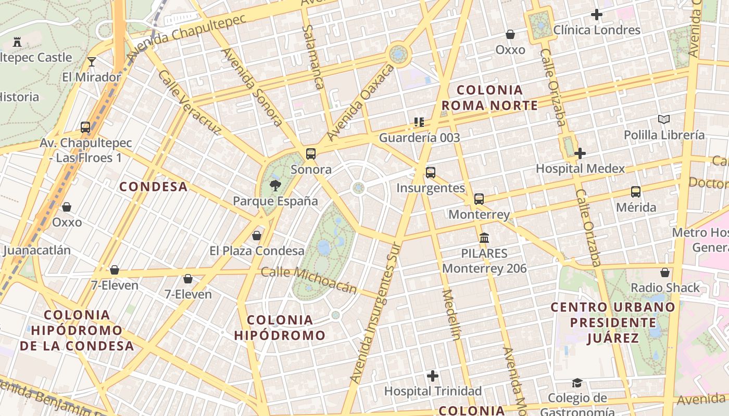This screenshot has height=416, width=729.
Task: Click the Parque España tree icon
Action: [x=275, y=185]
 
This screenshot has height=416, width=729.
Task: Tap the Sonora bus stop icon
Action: [x=311, y=153]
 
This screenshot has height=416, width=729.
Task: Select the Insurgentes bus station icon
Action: [x=430, y=172]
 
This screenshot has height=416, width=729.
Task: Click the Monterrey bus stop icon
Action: [x=479, y=199]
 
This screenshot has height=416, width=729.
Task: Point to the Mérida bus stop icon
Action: [x=636, y=191]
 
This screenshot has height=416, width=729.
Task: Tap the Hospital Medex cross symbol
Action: [x=580, y=153]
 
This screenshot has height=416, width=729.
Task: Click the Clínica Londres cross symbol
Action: [x=597, y=15]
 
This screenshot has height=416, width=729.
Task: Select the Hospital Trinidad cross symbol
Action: [x=432, y=375]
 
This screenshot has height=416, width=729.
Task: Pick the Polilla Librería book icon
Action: [x=664, y=120]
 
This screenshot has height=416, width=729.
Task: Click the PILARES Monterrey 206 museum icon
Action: [x=484, y=238]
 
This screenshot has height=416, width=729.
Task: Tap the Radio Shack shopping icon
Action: [x=665, y=272]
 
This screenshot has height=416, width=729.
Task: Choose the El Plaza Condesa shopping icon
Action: [x=256, y=236]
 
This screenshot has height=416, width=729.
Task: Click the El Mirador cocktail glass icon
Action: [x=92, y=62]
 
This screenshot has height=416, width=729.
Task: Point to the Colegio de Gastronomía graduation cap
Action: [x=577, y=383]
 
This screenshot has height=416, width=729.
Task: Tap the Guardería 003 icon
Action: [x=419, y=122]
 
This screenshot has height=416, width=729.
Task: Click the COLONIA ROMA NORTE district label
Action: [x=489, y=98]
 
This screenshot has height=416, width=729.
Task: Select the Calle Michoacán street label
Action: [x=309, y=279]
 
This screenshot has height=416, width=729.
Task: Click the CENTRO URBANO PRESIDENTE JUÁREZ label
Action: [x=613, y=322]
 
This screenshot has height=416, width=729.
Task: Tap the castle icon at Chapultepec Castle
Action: [x=17, y=42]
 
